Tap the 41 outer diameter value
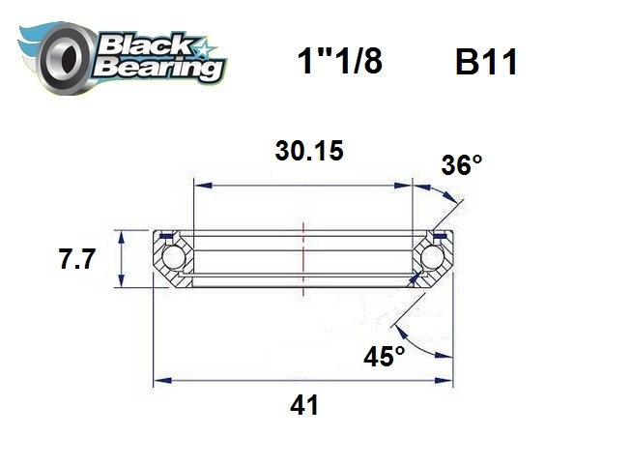tap(304, 406)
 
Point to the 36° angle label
tap(461, 165)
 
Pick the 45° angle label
tap(385, 357)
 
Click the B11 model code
tap(486, 63)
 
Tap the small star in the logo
tap(206, 45)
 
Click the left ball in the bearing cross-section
tap(173, 258)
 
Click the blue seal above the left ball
tap(165, 235)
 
